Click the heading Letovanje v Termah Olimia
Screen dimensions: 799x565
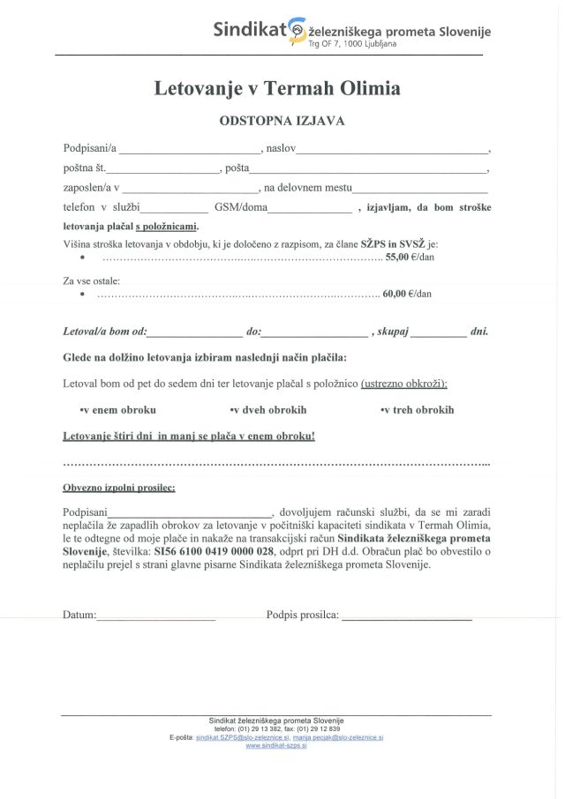point(277,88)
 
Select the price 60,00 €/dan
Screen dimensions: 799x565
point(407,294)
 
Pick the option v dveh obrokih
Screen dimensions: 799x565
point(268,410)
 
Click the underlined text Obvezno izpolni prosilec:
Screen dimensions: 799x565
point(119,487)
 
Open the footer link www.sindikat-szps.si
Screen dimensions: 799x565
point(276,745)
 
